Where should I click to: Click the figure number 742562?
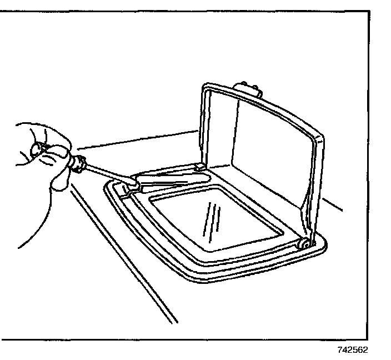pyautogui.click(x=352, y=351)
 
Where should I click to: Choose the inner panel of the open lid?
pyautogui.click(x=267, y=150)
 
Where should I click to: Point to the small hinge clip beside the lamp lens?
pyautogui.click(x=199, y=166)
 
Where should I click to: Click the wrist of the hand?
pyautogui.click(x=22, y=233)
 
